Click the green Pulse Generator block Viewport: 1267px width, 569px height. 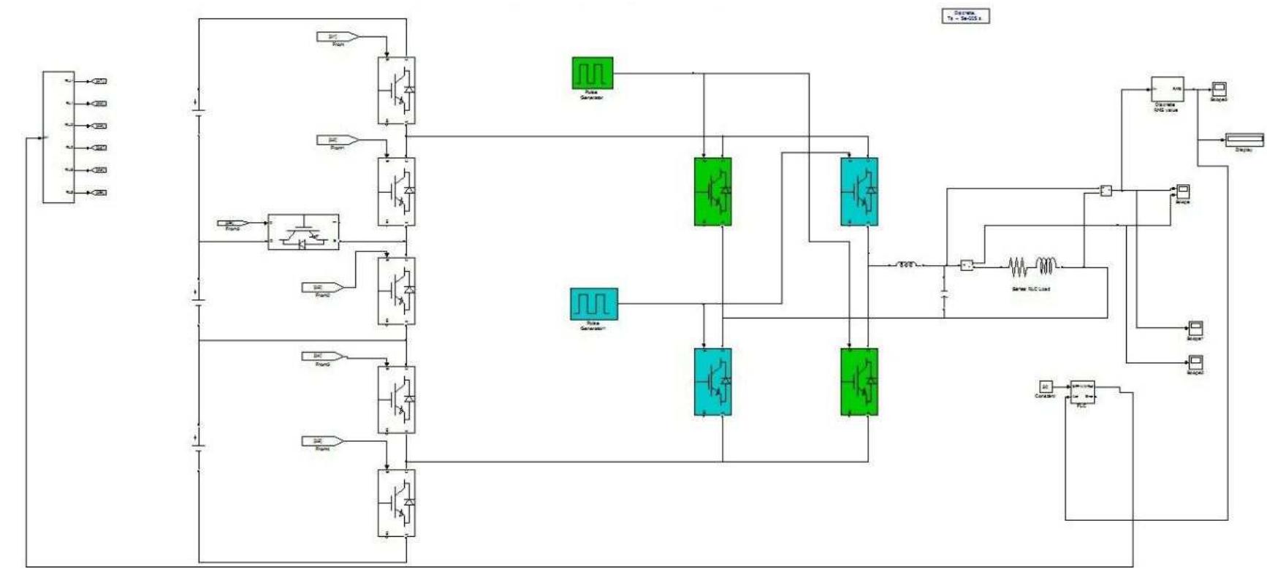click(592, 73)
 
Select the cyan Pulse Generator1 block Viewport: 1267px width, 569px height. click(593, 304)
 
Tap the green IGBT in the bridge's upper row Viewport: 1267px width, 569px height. click(712, 192)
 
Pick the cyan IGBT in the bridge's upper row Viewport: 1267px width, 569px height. click(859, 192)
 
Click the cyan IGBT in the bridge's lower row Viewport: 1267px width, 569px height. click(712, 382)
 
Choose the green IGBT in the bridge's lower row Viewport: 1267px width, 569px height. click(859, 382)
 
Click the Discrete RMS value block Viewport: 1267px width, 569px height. click(1167, 89)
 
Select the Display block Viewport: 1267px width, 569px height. click(1244, 140)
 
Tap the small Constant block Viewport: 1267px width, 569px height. click(1045, 386)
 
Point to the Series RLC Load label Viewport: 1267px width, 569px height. click(1030, 289)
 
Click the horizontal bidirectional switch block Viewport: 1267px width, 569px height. click(303, 232)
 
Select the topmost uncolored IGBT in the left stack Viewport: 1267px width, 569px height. click(397, 91)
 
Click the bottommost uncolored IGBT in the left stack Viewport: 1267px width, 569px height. click(397, 503)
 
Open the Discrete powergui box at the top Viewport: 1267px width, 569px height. click(965, 15)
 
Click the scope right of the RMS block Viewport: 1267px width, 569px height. click(1219, 89)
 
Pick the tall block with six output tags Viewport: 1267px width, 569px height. click(58, 137)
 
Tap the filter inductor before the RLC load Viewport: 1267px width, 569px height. click(907, 265)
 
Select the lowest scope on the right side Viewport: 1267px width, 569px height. click(1195, 362)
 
